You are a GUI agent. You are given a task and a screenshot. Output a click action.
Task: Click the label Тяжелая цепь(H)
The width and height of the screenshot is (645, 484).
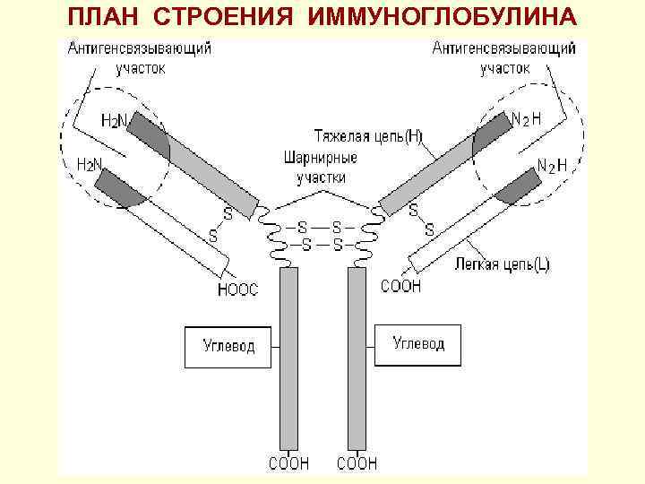[368, 137]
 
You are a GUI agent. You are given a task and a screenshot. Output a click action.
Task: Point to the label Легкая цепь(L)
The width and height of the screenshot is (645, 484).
[503, 264]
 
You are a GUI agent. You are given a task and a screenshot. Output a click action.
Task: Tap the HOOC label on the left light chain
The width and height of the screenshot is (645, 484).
[237, 289]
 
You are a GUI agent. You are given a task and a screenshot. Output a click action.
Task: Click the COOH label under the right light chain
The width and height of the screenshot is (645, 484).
[400, 287]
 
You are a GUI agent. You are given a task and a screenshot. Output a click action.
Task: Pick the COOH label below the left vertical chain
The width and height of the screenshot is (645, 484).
[289, 463]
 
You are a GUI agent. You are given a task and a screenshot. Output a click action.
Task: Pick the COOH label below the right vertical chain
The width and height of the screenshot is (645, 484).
[357, 463]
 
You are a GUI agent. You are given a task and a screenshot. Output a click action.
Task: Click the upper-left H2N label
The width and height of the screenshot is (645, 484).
[113, 120]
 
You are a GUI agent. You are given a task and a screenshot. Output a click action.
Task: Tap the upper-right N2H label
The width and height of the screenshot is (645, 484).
[526, 118]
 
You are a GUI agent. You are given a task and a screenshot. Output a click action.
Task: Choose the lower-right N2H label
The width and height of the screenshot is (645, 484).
[552, 165]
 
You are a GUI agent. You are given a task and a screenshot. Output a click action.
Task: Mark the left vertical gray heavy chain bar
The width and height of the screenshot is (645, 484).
[289, 359]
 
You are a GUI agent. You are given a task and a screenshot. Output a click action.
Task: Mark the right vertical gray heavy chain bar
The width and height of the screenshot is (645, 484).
[357, 359]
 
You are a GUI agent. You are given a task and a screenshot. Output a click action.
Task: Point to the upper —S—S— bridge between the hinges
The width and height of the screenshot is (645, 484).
[320, 228]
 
